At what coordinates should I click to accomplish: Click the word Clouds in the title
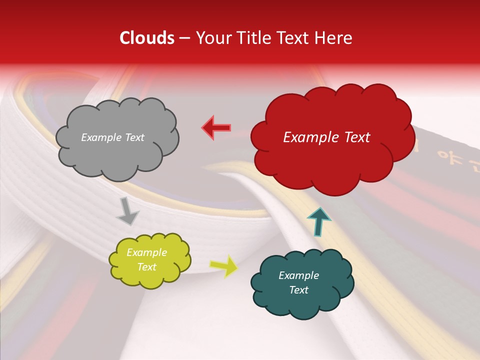(x=147, y=38)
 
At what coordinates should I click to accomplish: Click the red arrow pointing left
(x=216, y=127)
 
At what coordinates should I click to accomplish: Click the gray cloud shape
(x=116, y=138)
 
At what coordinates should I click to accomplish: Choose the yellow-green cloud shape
(x=149, y=260)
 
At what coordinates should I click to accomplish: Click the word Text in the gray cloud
(x=134, y=137)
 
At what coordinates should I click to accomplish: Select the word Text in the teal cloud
(x=298, y=290)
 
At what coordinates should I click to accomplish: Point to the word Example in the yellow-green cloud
(x=146, y=252)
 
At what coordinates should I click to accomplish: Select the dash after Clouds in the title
(x=183, y=38)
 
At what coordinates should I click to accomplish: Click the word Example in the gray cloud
(x=101, y=137)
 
